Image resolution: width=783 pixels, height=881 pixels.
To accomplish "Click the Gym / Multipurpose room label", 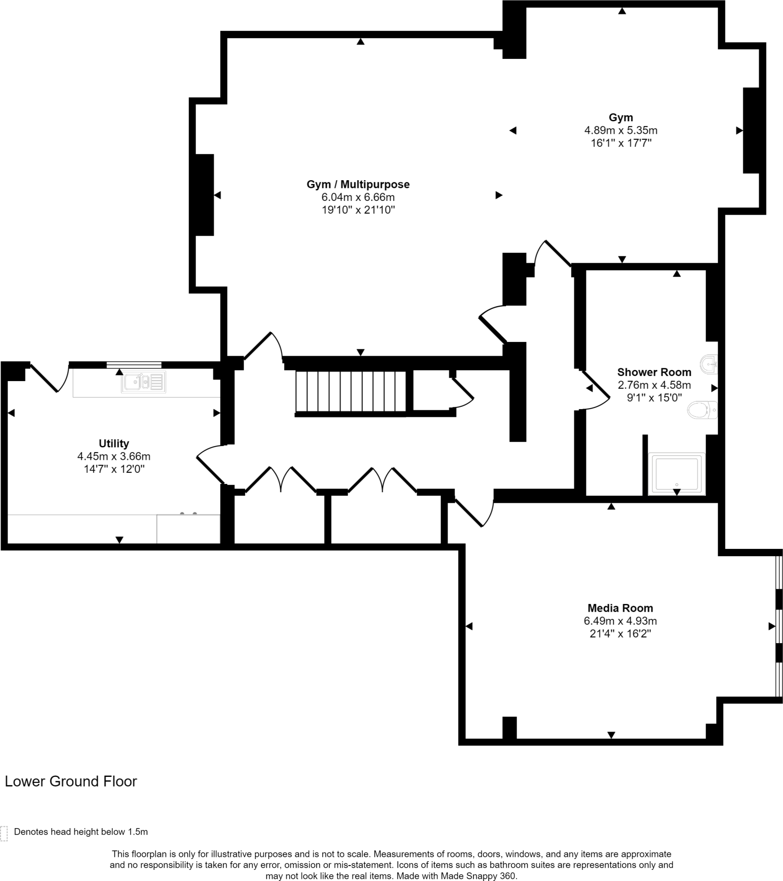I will (x=358, y=185).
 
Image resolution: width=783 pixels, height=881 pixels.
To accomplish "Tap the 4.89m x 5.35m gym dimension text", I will (x=620, y=130).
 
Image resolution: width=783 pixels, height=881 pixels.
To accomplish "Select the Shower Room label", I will (x=654, y=372).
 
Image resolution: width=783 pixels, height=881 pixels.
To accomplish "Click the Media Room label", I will (x=620, y=608).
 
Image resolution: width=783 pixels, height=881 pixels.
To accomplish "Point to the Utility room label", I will (x=114, y=444).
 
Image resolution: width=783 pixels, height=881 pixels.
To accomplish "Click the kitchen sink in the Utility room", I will (x=143, y=382).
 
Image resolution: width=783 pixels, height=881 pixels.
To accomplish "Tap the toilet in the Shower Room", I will (x=702, y=410).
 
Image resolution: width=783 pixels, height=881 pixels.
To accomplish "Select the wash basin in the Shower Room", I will (x=709, y=364).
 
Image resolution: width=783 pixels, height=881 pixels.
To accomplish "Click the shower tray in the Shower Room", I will (x=676, y=474).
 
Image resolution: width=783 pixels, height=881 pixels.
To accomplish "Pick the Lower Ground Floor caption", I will (x=70, y=782).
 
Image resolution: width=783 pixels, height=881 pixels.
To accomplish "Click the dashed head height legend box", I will (x=4, y=834).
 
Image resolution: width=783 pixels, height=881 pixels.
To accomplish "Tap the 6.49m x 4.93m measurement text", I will (x=620, y=621).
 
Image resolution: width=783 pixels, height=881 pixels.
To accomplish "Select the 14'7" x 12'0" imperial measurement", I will (x=114, y=469).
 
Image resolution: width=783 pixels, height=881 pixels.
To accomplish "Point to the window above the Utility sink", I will (x=134, y=365).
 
